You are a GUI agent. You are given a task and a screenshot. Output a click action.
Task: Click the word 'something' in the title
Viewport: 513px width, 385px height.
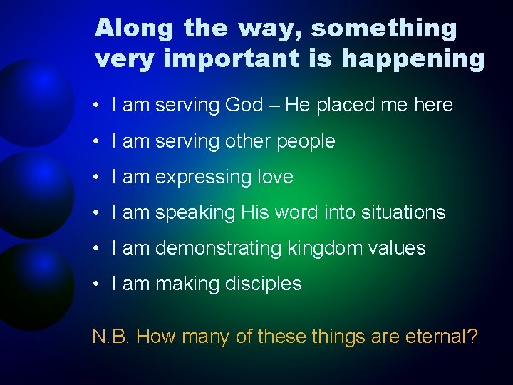[x=384, y=29]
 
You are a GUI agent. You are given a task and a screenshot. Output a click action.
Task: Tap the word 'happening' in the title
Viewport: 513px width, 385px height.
[x=413, y=59]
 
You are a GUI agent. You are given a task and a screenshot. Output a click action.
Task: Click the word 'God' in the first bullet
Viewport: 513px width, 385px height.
[x=244, y=105]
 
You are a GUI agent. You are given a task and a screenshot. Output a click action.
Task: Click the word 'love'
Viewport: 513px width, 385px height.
[x=274, y=177]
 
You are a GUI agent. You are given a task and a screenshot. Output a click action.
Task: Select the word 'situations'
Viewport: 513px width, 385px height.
[x=403, y=212]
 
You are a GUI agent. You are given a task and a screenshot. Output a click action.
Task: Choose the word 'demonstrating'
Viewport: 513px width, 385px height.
[x=218, y=248]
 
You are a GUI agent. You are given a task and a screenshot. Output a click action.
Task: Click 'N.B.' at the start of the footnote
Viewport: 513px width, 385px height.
[x=111, y=336]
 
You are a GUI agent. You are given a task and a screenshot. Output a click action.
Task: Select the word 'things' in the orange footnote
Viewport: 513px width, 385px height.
[x=338, y=336]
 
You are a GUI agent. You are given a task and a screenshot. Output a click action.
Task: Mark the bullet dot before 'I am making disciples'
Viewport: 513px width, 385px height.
[x=95, y=284]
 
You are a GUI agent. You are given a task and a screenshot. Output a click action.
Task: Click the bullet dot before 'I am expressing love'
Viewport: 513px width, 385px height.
[x=95, y=177]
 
